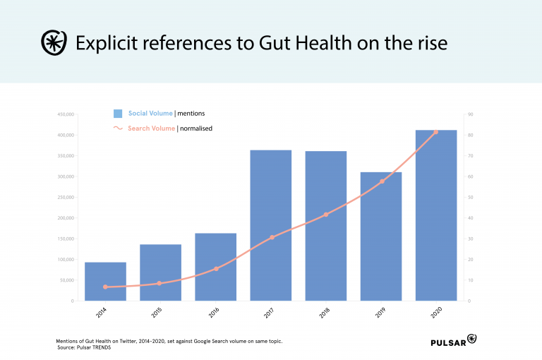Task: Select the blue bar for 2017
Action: (271, 225)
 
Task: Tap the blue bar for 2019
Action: (382, 236)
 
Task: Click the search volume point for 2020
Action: (435, 132)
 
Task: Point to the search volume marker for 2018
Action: (326, 215)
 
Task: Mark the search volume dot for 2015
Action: (159, 283)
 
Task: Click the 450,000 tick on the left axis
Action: (65, 114)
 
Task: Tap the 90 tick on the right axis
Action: (470, 114)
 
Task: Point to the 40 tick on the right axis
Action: (470, 217)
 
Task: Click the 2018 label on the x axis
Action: (324, 311)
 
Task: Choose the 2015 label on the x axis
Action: (157, 311)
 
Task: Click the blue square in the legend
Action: (118, 114)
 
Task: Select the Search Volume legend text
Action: (151, 128)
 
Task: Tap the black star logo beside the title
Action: (54, 43)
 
